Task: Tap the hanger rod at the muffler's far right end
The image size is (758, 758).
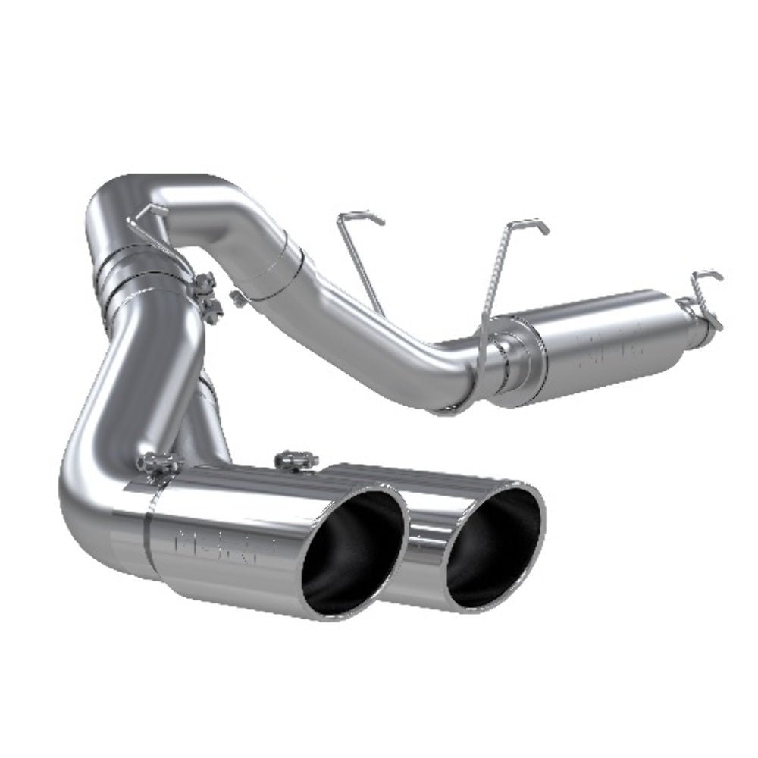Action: tap(705, 296)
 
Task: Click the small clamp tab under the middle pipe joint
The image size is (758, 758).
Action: tap(236, 294)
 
